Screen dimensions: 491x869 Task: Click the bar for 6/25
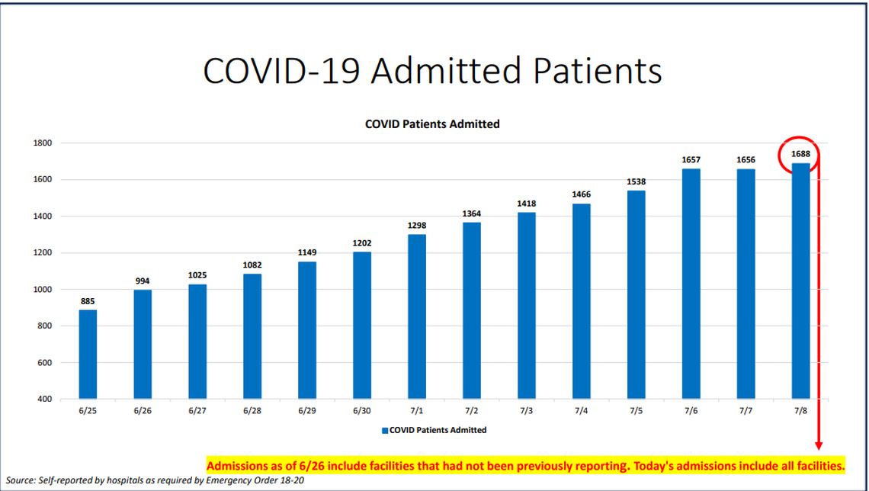pos(88,355)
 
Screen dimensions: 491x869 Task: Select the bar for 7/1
pos(417,316)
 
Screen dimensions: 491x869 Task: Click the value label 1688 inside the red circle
pos(800,154)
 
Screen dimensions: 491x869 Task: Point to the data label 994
pos(143,281)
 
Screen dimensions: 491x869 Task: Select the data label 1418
pos(526,204)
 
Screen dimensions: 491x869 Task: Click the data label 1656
pos(746,160)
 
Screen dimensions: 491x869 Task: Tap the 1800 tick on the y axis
pos(42,143)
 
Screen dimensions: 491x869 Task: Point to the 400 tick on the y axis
pos(43,400)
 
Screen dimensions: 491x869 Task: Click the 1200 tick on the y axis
pos(42,253)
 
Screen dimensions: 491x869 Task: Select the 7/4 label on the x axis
pos(581,412)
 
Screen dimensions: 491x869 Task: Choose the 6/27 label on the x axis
pos(197,412)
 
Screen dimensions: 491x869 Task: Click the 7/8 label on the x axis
pos(800,412)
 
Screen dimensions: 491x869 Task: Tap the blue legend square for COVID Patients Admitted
pos(385,431)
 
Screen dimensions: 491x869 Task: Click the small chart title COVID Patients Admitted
pos(432,124)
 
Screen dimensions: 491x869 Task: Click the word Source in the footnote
pos(21,479)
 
